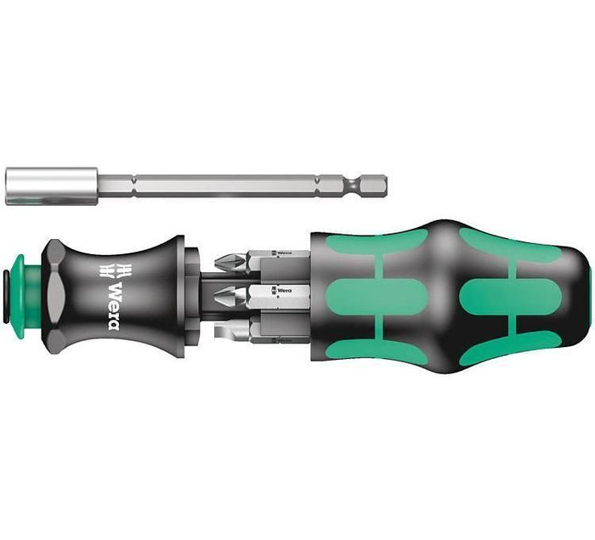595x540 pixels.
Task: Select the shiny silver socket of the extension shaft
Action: click(46, 185)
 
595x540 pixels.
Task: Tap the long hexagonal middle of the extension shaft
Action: click(229, 185)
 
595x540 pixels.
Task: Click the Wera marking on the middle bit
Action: click(280, 292)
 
